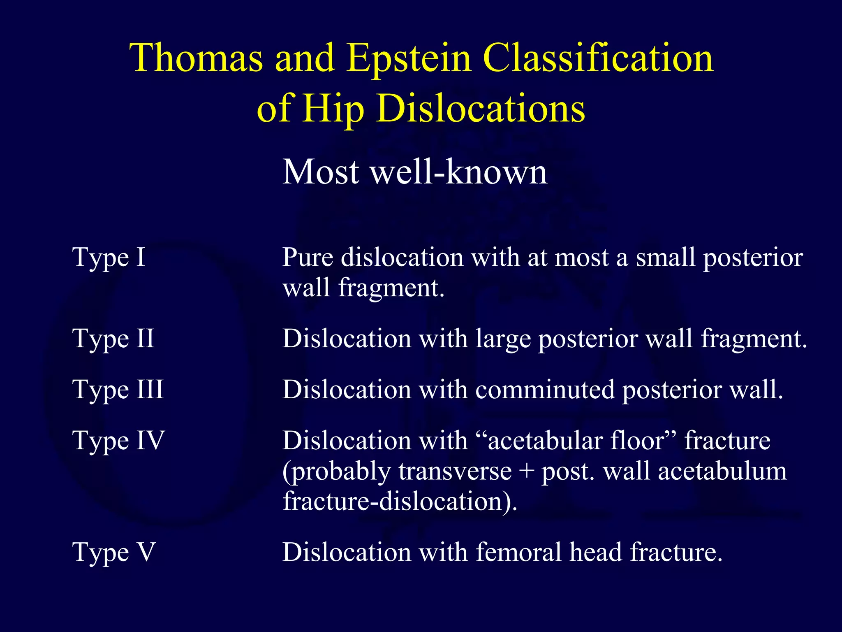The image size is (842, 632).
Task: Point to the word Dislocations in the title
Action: [x=481, y=108]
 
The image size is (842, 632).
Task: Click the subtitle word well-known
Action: [x=459, y=172]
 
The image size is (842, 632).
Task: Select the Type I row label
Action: [x=109, y=258]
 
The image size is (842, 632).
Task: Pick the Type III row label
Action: [x=118, y=390]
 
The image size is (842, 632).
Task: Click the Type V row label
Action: [x=114, y=553]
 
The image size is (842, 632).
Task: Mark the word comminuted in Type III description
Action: [x=544, y=390]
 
